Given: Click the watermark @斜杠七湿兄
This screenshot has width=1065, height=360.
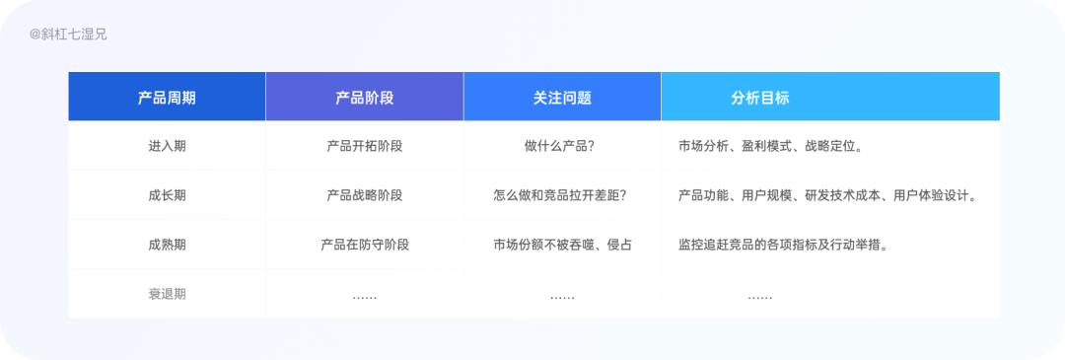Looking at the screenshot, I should pos(68,34).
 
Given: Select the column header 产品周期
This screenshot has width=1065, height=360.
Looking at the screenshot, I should pos(167,98).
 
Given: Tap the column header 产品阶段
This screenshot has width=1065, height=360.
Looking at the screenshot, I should pos(365,98).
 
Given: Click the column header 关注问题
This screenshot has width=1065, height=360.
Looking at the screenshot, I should pos(562,98).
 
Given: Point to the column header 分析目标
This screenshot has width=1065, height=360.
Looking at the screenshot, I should pos(759,98).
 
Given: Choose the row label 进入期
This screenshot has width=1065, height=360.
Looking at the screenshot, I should pos(167,146).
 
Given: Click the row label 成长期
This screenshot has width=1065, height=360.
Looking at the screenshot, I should pos(167,195).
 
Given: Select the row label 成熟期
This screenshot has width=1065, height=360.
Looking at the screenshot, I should pos(167,245).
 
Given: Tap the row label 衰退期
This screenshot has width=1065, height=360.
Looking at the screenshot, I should pos(167,293).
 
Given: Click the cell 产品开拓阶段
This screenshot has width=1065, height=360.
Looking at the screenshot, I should pos(365,146).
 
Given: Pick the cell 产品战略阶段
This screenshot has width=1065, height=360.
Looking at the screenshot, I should pos(365,195).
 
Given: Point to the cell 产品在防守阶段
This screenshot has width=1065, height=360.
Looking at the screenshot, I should pos(365,245).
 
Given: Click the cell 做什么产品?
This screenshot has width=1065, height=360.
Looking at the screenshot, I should pos(560,146).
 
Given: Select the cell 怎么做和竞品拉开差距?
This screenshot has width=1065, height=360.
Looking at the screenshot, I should pos(560,195).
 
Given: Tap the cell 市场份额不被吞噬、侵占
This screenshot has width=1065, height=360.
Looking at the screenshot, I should pos(562,245).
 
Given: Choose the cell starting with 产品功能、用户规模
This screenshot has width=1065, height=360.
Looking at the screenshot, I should pos(827,195).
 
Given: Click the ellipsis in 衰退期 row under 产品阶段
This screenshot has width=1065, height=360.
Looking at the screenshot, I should pos(365,295).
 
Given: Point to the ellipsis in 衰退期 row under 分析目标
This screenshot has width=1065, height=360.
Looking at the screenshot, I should pos(759,295).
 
